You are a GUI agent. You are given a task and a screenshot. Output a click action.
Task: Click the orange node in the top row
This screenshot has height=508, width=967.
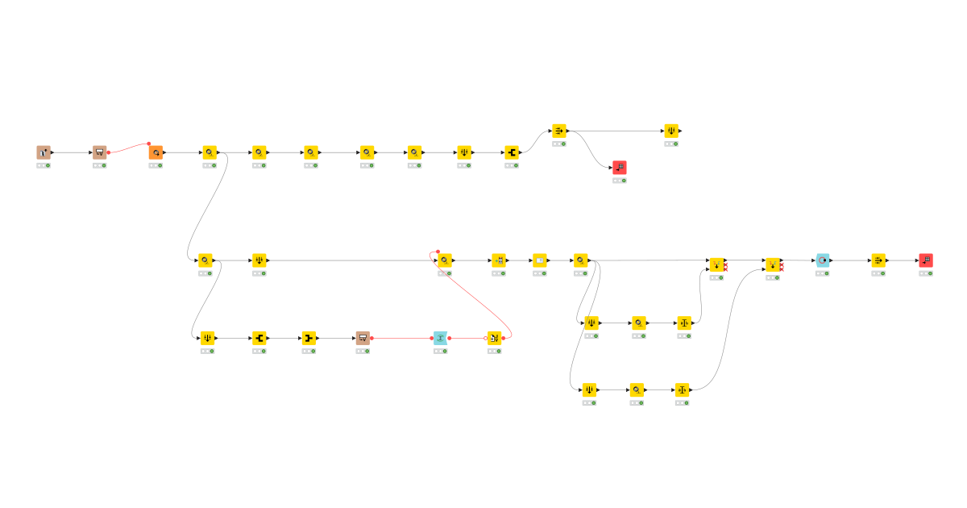click(156, 152)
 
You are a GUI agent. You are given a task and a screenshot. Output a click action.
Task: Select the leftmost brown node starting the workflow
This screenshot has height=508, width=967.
click(44, 152)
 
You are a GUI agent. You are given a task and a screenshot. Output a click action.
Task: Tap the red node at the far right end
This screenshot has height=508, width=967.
click(926, 260)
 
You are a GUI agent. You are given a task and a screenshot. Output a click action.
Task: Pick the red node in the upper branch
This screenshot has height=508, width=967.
click(619, 167)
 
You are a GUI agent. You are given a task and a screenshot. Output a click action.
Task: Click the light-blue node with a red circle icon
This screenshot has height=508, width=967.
click(822, 260)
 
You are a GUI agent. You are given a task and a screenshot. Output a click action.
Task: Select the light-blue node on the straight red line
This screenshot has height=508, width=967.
click(440, 337)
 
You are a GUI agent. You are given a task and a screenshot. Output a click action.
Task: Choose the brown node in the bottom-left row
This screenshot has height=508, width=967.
click(363, 337)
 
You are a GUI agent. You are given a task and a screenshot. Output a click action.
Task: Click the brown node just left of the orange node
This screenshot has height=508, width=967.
click(99, 152)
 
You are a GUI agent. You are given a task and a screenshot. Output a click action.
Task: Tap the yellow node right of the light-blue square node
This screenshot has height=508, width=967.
click(494, 337)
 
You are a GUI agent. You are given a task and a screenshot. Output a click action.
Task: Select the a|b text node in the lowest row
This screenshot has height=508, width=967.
click(683, 389)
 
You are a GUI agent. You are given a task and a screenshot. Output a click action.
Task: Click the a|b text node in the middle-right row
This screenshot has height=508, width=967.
click(684, 323)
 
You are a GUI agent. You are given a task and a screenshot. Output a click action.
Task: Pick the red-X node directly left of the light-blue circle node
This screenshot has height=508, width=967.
click(773, 264)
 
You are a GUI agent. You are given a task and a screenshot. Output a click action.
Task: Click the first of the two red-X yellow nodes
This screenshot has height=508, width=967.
click(716, 264)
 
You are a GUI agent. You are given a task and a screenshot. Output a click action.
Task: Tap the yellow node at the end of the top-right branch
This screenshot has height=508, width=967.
click(671, 131)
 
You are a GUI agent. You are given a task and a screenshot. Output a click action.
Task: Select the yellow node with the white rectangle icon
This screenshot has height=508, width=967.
click(540, 260)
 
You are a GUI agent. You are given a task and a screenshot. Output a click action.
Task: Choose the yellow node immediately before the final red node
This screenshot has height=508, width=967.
click(878, 260)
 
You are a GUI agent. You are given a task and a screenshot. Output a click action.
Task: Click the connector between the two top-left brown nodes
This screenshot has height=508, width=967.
click(73, 152)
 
